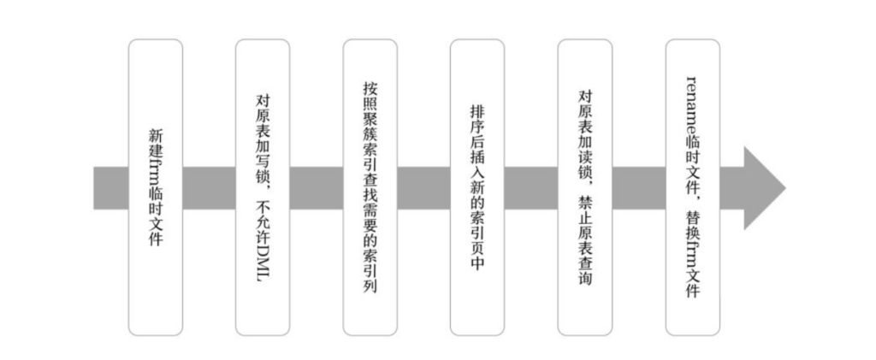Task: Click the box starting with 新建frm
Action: [x=156, y=187]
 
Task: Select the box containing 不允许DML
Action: [x=263, y=187]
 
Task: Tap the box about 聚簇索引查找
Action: [x=370, y=187]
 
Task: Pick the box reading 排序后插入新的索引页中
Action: [x=477, y=187]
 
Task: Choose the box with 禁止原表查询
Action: [x=585, y=187]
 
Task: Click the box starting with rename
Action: [x=693, y=187]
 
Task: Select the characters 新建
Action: [x=156, y=143]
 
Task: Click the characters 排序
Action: [x=477, y=118]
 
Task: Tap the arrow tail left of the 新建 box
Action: [x=110, y=188]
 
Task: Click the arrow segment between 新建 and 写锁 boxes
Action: [x=209, y=188]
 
